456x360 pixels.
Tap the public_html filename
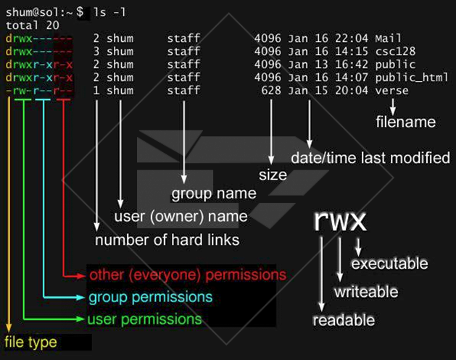410,78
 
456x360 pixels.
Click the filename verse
392,91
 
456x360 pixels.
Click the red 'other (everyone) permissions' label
187,276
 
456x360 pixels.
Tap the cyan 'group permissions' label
151,298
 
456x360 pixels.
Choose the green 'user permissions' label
144,319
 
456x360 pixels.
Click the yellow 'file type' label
30,341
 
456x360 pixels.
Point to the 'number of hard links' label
167,240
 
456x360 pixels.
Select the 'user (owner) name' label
181,217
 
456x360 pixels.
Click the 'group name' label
213,193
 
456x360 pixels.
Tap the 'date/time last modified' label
370,158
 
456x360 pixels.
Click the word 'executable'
389,264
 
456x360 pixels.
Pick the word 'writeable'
365,292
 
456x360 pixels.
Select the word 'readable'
344,320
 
